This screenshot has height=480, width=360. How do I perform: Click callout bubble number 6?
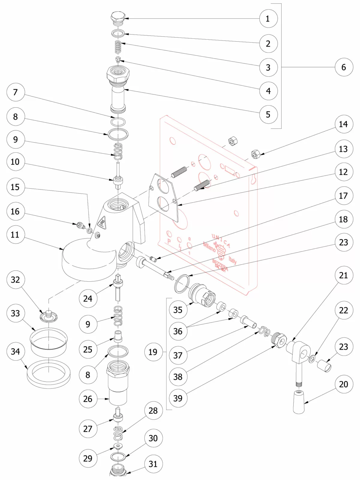344,67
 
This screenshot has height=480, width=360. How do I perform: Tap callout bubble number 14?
343,124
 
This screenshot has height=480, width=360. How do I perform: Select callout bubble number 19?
153,352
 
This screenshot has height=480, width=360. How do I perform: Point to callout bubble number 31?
153,464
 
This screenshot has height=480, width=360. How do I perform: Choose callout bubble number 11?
15,235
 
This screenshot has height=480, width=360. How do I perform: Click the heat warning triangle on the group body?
102,223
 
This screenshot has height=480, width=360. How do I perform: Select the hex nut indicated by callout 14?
256,154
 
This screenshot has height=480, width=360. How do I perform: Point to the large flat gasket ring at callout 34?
49,374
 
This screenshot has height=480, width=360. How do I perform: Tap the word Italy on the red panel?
232,260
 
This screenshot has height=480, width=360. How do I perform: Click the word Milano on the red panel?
209,247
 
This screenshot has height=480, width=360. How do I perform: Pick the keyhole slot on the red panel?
253,179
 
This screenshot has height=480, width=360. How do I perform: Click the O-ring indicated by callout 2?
118,33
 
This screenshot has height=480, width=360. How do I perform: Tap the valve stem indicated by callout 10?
118,178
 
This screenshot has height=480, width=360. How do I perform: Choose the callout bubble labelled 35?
178,310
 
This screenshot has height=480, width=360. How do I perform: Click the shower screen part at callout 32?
49,316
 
